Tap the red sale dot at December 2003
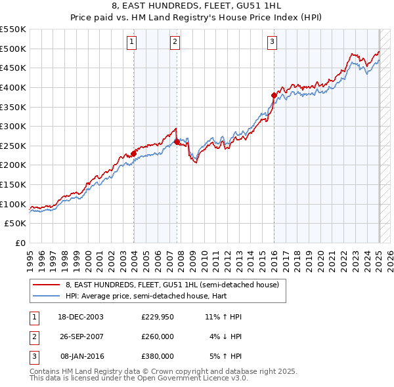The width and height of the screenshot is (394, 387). click(x=134, y=153)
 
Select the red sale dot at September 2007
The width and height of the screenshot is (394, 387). click(x=177, y=142)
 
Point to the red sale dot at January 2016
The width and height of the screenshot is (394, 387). click(x=274, y=95)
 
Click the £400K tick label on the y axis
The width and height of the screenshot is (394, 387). click(x=13, y=87)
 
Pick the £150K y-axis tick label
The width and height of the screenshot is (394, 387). click(x=13, y=184)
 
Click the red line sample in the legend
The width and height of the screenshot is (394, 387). click(x=47, y=285)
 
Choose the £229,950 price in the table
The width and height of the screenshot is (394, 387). click(x=158, y=317)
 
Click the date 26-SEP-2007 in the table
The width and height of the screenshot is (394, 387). click(x=80, y=336)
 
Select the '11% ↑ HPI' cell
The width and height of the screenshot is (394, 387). click(x=223, y=317)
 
